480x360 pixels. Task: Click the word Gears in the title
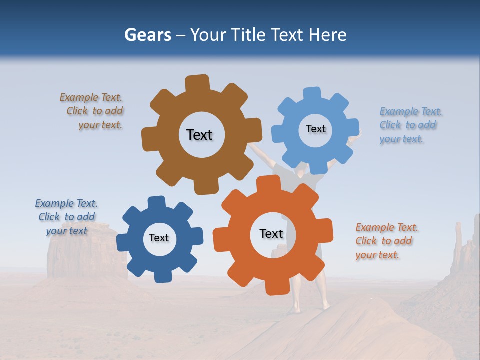point(147,35)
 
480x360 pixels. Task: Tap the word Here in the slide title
point(327,35)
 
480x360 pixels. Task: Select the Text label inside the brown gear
point(199,135)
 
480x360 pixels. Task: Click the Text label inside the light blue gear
point(315,129)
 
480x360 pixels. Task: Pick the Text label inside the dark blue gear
point(159,238)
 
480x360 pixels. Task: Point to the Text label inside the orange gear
point(271,233)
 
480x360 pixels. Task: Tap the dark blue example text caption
point(66,217)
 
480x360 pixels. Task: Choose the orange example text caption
point(386,241)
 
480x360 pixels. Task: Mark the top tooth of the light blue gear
point(312,94)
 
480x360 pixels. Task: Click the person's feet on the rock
point(310,307)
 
